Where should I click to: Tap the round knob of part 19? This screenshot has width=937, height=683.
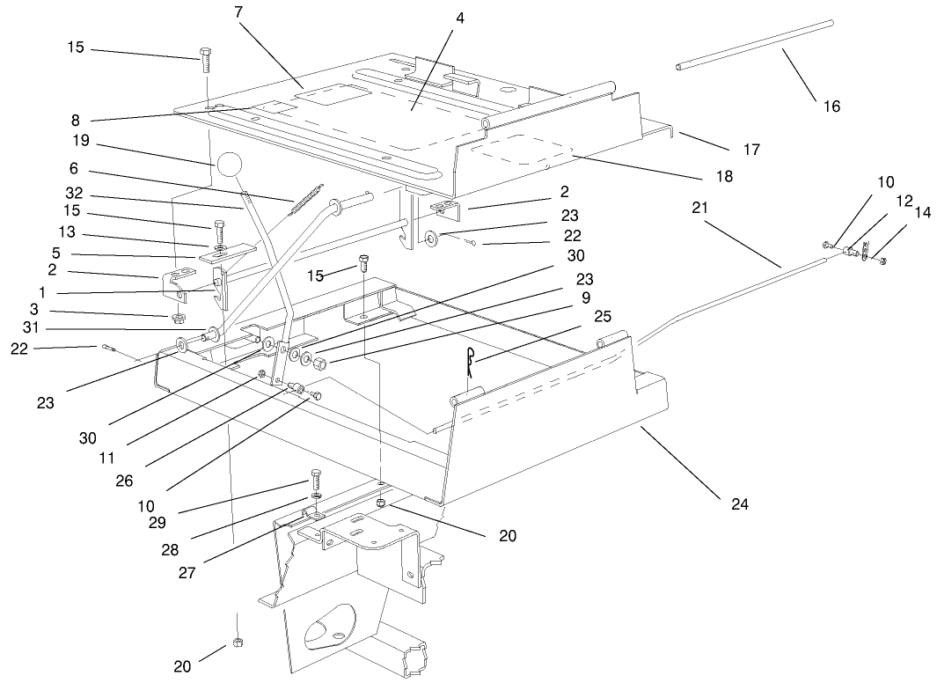click(x=227, y=165)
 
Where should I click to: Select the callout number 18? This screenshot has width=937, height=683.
click(x=723, y=176)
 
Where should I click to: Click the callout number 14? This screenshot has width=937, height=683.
click(x=921, y=212)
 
